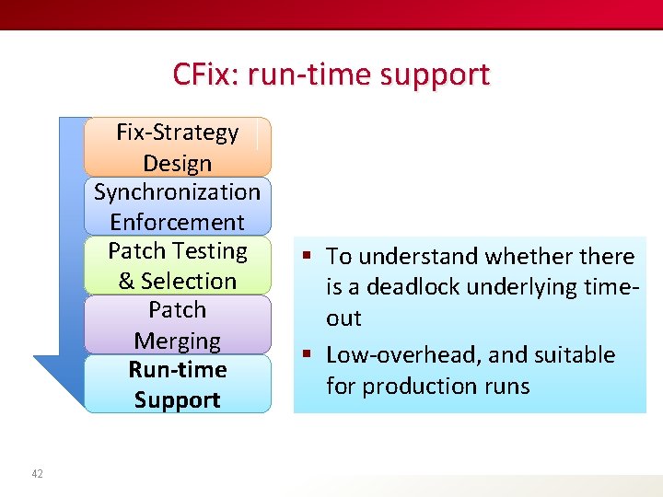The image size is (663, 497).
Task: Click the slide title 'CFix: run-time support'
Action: pyautogui.click(x=331, y=74)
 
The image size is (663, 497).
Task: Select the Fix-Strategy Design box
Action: pyautogui.click(x=177, y=147)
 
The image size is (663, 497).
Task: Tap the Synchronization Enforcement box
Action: pyautogui.click(x=177, y=206)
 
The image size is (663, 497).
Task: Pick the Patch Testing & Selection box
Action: pyautogui.click(x=177, y=265)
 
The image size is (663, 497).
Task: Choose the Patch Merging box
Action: pyautogui.click(x=177, y=325)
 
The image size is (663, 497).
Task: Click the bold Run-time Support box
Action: pyautogui.click(x=177, y=384)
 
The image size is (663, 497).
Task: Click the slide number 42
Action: pyautogui.click(x=37, y=473)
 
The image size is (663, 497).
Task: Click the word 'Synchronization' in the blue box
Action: pyautogui.click(x=177, y=191)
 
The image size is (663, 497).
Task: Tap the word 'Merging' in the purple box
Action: pyautogui.click(x=177, y=341)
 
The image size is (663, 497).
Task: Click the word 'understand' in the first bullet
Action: pyautogui.click(x=423, y=257)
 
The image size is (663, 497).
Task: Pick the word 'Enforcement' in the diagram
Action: pyautogui.click(x=177, y=222)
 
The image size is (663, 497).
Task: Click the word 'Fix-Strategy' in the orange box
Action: pyautogui.click(x=177, y=133)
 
